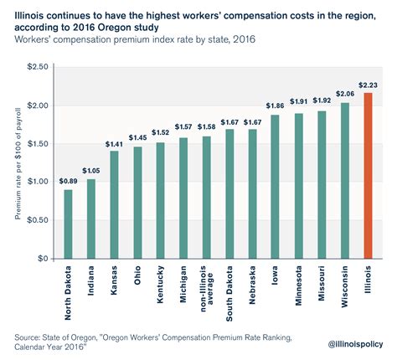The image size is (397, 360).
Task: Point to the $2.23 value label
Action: tap(368, 85)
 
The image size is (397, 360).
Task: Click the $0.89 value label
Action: tap(68, 181)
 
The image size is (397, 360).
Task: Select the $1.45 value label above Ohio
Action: tap(137, 136)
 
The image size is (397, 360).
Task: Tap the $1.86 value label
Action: tap(275, 106)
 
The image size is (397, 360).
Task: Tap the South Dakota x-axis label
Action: tap(229, 293)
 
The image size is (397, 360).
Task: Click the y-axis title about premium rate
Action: tap(17, 162)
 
